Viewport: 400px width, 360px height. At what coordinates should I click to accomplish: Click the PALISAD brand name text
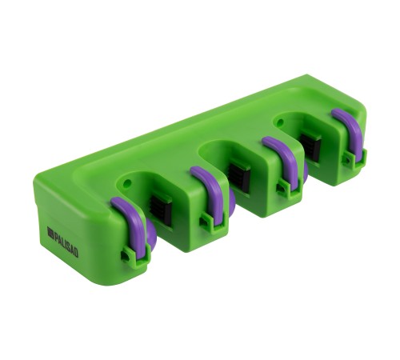pyautogui.click(x=66, y=245)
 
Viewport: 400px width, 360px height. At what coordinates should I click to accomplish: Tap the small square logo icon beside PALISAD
pyautogui.click(x=50, y=231)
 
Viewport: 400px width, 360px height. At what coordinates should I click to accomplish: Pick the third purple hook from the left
pyautogui.click(x=284, y=160)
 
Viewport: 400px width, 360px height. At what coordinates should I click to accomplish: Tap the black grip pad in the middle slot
pyautogui.click(x=240, y=175)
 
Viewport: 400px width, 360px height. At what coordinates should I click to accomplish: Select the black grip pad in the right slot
pyautogui.click(x=310, y=146)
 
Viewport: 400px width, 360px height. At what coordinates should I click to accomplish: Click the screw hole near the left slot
pyautogui.click(x=128, y=183)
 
